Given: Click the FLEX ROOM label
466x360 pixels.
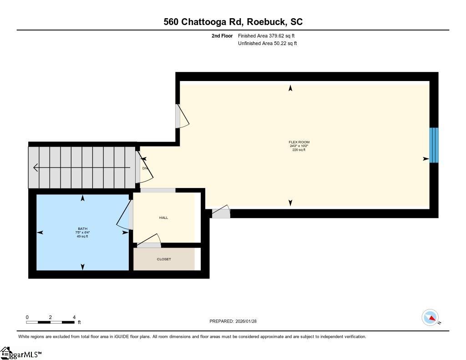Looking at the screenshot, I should pyautogui.click(x=299, y=142).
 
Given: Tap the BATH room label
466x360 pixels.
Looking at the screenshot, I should pyautogui.click(x=82, y=228).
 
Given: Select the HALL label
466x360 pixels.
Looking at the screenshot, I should pyautogui.click(x=163, y=218).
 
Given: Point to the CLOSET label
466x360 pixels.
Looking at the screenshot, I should pyautogui.click(x=164, y=259).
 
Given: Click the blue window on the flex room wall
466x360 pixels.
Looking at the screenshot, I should pyautogui.click(x=434, y=145).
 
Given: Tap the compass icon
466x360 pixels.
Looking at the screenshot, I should pyautogui.click(x=430, y=317).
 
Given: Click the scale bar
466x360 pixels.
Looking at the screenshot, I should pyautogui.click(x=50, y=322).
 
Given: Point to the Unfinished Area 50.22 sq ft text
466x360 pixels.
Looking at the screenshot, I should pyautogui.click(x=268, y=44).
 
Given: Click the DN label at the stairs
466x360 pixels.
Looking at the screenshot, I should pyautogui.click(x=145, y=168).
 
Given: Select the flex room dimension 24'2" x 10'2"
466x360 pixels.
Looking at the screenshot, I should pyautogui.click(x=299, y=146).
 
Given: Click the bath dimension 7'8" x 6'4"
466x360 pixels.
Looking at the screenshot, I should pyautogui.click(x=82, y=233).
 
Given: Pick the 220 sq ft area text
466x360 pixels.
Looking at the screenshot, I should pyautogui.click(x=299, y=150).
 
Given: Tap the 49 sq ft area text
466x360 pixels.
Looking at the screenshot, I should pyautogui.click(x=82, y=236).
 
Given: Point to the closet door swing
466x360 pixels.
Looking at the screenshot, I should pyautogui.click(x=150, y=241).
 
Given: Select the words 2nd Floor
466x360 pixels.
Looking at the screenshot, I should pyautogui.click(x=222, y=35).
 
